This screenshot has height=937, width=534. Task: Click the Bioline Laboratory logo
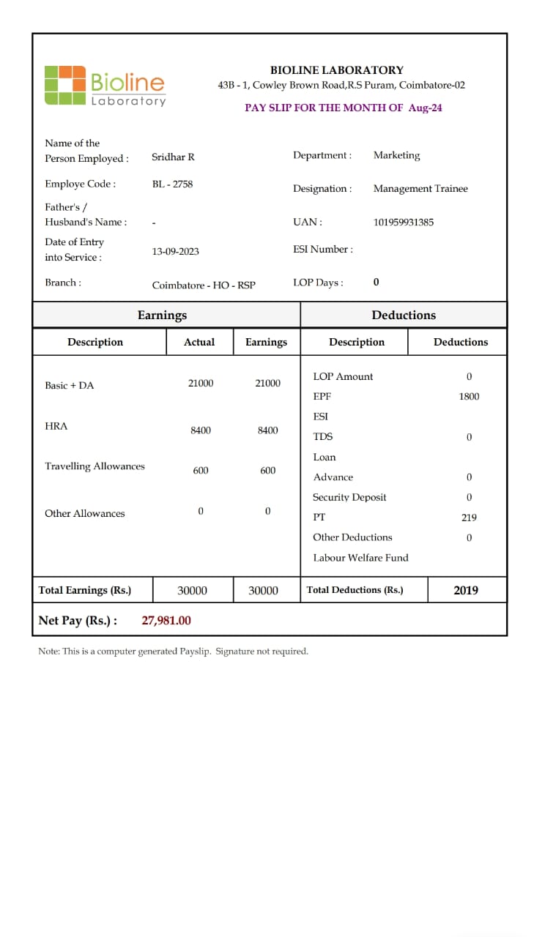[105, 86]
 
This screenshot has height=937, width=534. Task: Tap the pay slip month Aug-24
[425, 108]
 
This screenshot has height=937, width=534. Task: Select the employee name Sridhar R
[173, 157]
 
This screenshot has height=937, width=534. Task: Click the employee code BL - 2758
[172, 184]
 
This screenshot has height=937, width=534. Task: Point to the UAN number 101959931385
[403, 223]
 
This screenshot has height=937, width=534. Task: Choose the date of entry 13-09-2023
[175, 251]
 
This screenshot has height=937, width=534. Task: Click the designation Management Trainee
[420, 189]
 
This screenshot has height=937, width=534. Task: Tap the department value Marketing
[396, 155]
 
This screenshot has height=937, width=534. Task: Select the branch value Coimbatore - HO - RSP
[204, 285]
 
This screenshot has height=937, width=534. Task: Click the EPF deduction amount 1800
[469, 397]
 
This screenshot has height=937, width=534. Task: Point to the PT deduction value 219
[469, 518]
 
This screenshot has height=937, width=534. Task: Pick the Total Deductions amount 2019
[465, 590]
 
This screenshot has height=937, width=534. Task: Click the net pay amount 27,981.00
[166, 621]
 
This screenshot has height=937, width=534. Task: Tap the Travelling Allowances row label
[94, 466]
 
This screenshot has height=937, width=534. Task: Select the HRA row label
[56, 426]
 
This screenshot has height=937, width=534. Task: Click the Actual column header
[199, 342]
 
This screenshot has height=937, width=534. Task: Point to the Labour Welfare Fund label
[360, 558]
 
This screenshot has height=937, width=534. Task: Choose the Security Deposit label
[349, 497]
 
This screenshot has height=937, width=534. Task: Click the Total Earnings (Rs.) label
[84, 590]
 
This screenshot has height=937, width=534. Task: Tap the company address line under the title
[341, 86]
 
